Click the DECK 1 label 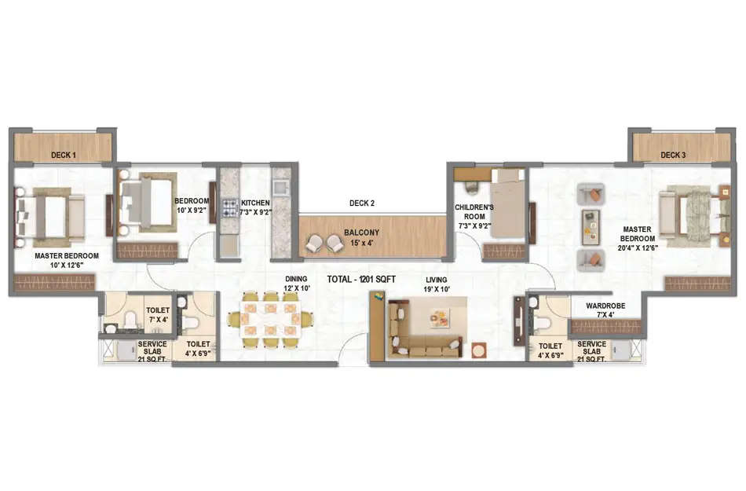[x=64, y=156]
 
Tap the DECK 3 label [x=672, y=156]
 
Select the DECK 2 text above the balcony [x=361, y=203]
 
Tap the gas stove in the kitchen [x=230, y=208]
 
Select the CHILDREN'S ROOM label [x=474, y=216]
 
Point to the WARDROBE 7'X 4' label [x=604, y=310]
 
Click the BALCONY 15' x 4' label [x=361, y=237]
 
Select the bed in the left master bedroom [x=49, y=216]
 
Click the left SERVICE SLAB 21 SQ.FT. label [x=152, y=350]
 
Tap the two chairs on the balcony [x=324, y=244]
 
